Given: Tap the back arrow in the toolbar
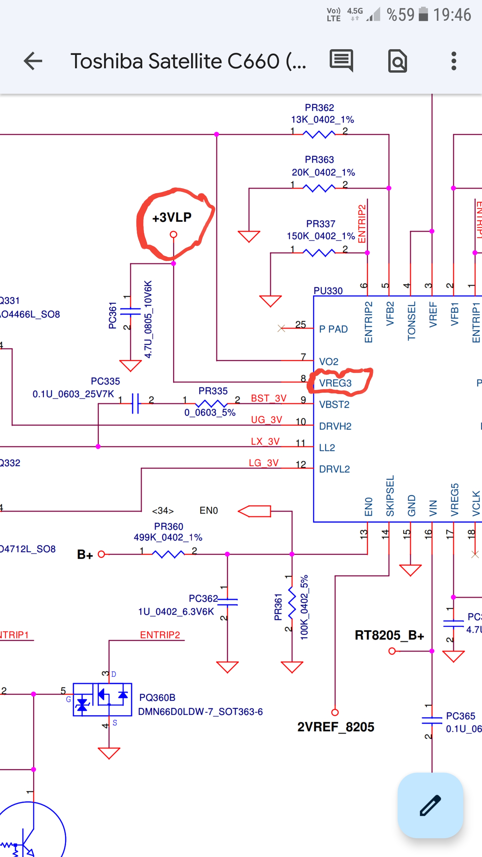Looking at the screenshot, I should coord(33,61).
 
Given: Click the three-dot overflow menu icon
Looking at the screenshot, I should coord(454,61).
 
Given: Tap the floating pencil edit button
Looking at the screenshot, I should coord(430,805).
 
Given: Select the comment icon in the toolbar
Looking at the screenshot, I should coord(341,60).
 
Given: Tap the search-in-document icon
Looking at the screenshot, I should coord(397,61).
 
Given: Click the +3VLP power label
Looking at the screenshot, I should coord(172,218).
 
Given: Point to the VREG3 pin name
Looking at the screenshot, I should coord(335,383).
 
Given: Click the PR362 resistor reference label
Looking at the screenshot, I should coord(319,108).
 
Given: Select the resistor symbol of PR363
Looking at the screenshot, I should coord(319,188).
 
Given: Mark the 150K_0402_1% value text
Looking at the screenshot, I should coord(321,236).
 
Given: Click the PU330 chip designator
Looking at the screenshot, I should coord(328,291).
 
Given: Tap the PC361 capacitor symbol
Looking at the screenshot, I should coord(131,311).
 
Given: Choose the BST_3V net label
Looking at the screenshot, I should coord(268,398).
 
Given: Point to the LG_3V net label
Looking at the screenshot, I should coord(264,463).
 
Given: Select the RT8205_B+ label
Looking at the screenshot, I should coord(389,635).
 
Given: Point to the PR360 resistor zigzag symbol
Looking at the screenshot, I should coord(168,554).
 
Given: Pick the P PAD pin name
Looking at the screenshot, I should coord(333,329).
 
